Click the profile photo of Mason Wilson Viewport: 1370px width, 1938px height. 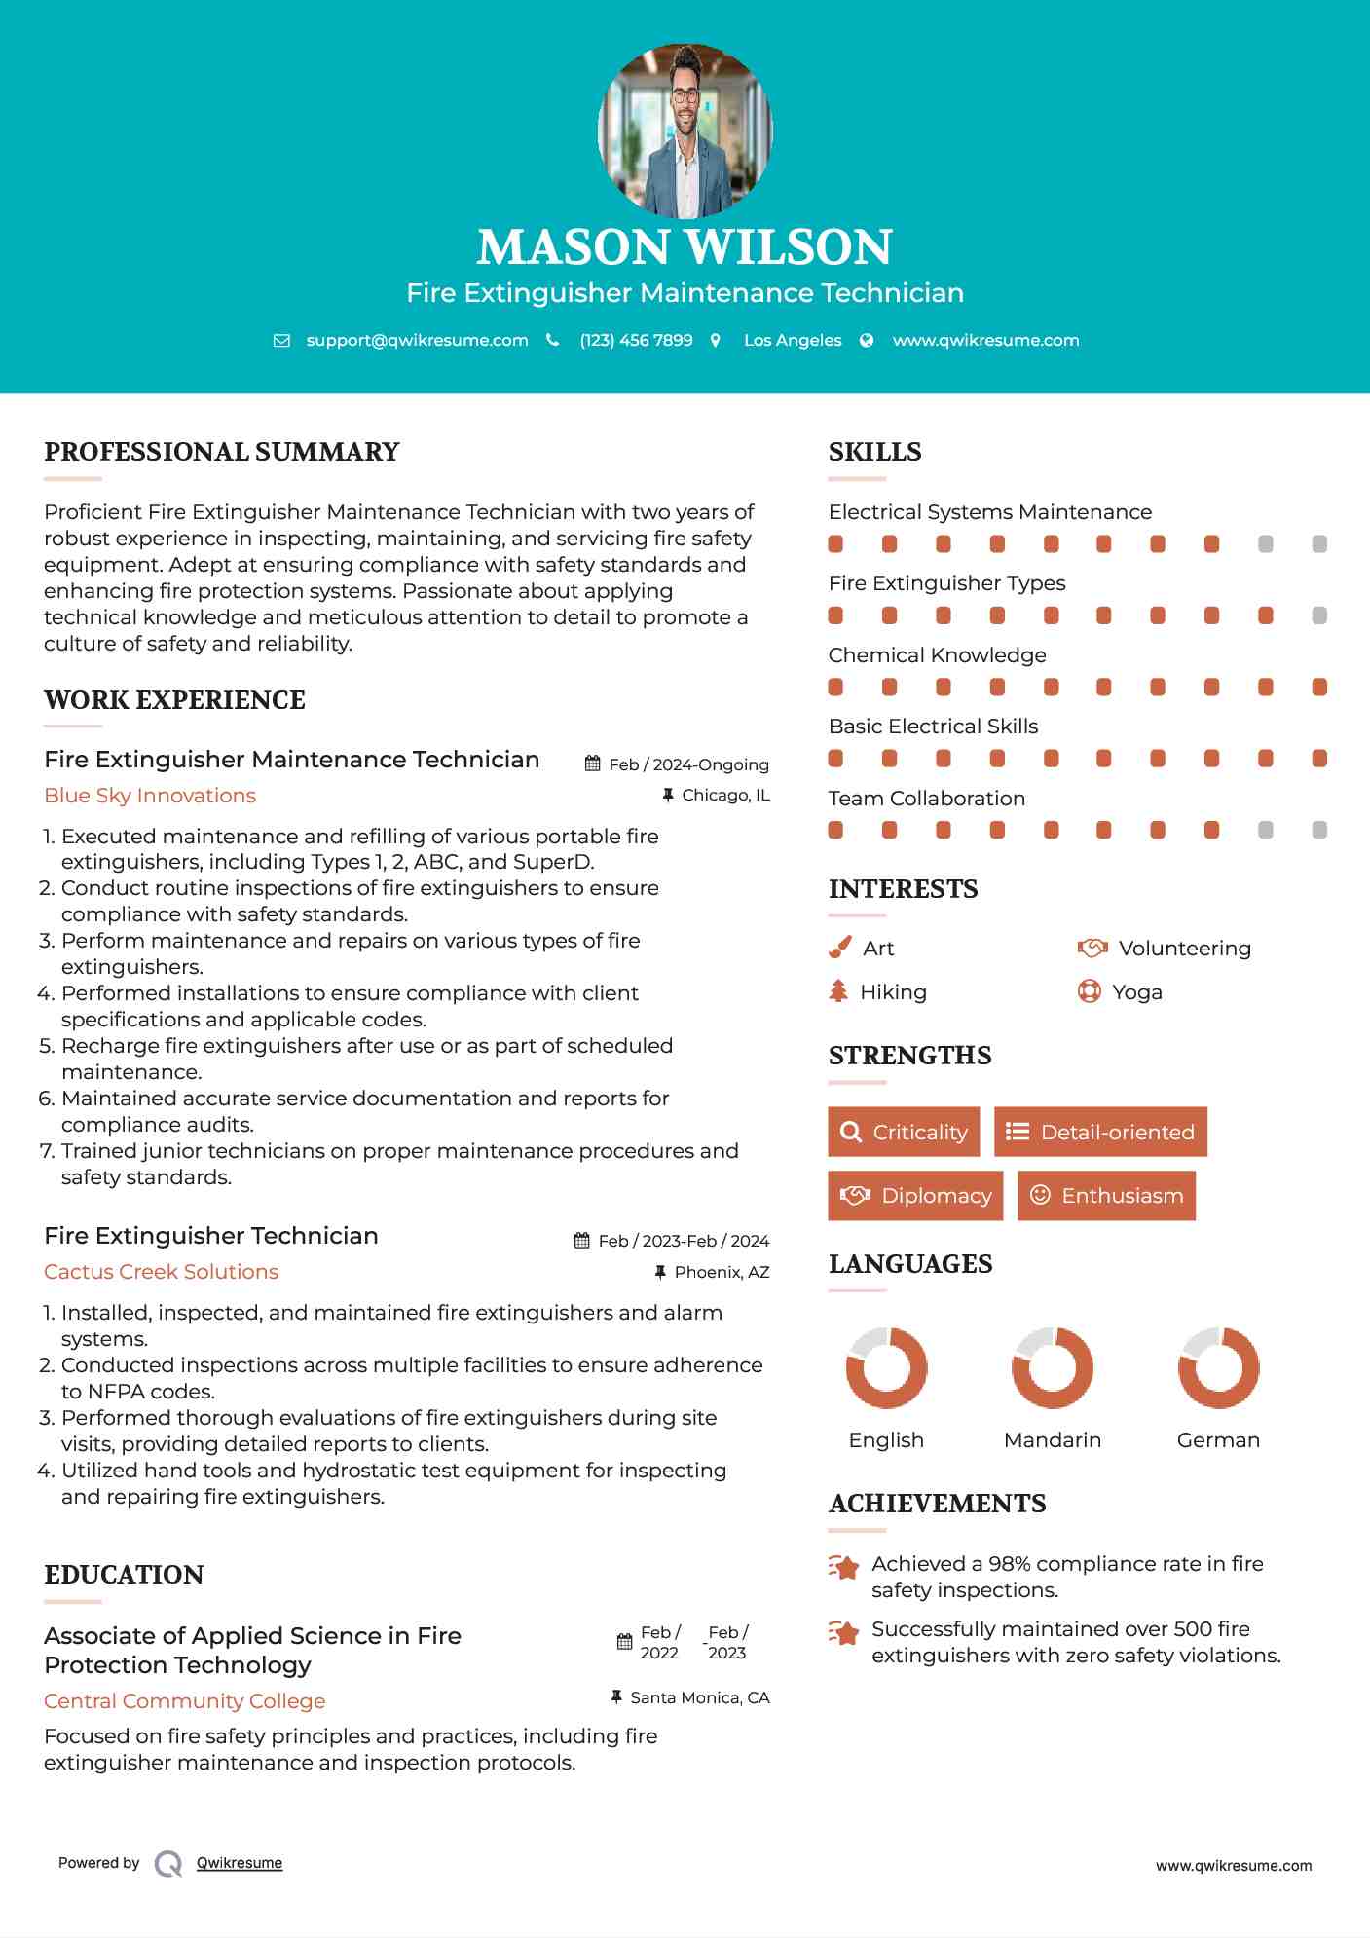tap(685, 130)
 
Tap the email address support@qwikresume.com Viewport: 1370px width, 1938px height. tap(417, 340)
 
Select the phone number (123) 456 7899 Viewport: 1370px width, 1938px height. tap(636, 340)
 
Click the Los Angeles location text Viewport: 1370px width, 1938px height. tap(793, 340)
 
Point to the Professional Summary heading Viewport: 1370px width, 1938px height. tap(222, 452)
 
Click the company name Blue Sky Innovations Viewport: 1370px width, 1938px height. tap(150, 796)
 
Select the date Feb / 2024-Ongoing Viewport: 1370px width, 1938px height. tap(688, 764)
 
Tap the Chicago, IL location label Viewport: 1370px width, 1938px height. tap(725, 796)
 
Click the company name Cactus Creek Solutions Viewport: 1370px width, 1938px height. tap(161, 1272)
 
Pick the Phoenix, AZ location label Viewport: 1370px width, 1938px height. tap(722, 1272)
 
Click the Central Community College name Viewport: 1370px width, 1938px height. tap(185, 1701)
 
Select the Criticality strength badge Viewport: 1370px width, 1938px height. tap(904, 1132)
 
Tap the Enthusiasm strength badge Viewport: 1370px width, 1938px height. tap(1106, 1196)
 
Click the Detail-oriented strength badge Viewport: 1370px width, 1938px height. tap(1100, 1132)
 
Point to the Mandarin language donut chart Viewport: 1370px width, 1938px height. tap(1053, 1367)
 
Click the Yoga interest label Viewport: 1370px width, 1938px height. tap(1137, 992)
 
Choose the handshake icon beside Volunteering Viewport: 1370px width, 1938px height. tap(1092, 948)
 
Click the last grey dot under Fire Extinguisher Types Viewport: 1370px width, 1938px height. tap(1319, 615)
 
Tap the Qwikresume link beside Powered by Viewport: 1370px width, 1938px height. tap(240, 1863)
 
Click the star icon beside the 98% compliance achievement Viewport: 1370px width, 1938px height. tap(843, 1567)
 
